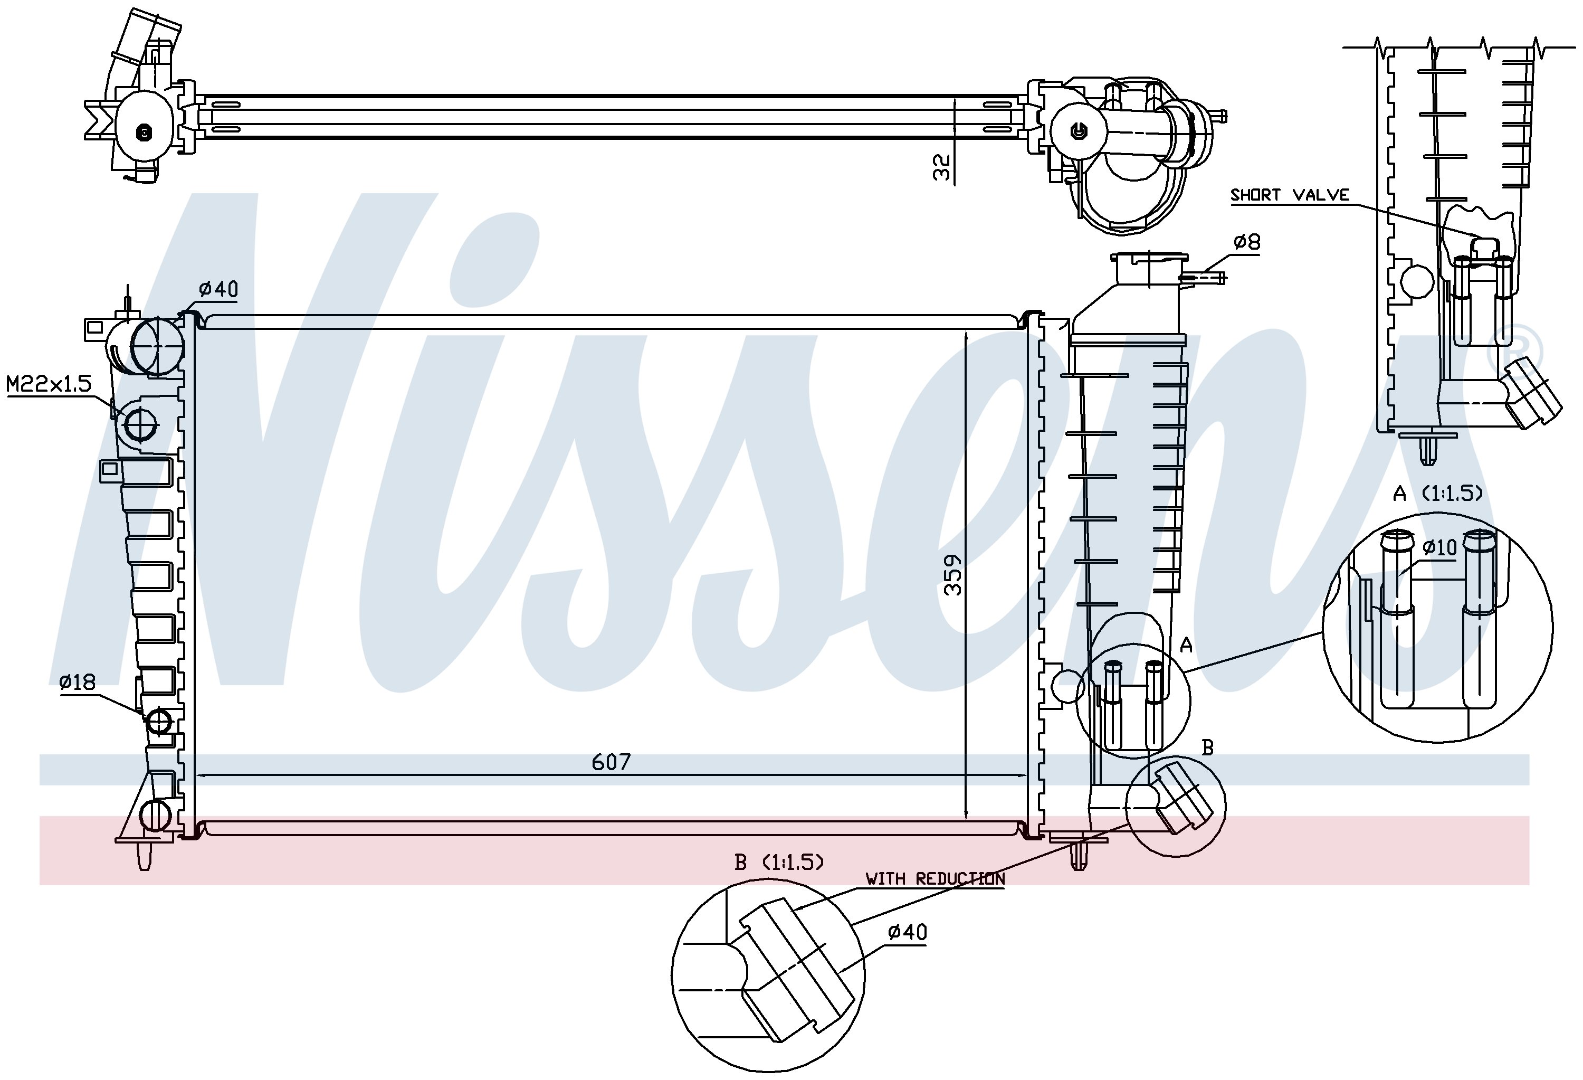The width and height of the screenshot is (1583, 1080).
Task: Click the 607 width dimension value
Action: (x=611, y=762)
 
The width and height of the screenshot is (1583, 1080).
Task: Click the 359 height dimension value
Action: (x=953, y=574)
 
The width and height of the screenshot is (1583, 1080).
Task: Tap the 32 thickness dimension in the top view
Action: (x=941, y=167)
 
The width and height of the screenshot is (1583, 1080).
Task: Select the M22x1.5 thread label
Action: (x=49, y=384)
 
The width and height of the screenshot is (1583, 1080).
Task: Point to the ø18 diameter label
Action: (x=77, y=682)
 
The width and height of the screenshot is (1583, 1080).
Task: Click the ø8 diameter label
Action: (x=1246, y=242)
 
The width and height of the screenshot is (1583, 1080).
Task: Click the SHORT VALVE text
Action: (x=1290, y=195)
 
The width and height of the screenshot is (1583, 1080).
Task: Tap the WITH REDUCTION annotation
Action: (x=935, y=879)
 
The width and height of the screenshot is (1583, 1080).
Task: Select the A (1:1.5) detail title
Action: (x=1437, y=494)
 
